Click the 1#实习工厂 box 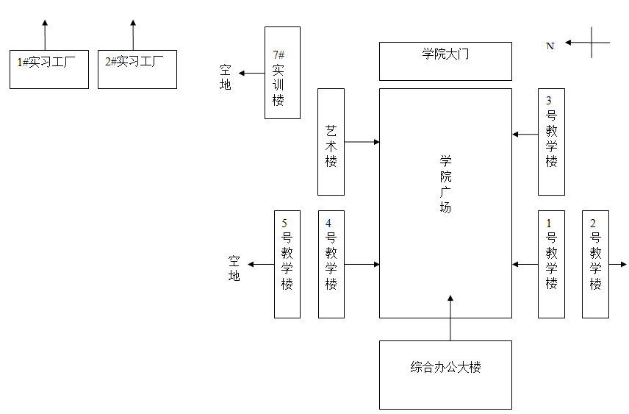[x=48, y=69]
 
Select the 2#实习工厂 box [x=137, y=69]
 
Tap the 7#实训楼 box [x=282, y=73]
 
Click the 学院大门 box [x=445, y=61]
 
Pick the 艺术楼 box [x=331, y=142]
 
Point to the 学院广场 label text [x=445, y=184]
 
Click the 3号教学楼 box [x=551, y=142]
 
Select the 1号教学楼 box [x=551, y=264]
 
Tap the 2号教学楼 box [x=595, y=264]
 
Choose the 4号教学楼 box [x=331, y=264]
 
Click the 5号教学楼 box [x=287, y=264]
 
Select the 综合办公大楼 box [x=445, y=374]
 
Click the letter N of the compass [x=550, y=46]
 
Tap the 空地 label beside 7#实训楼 [x=226, y=78]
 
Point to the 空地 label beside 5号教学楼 [x=234, y=268]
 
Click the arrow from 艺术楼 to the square [x=362, y=141]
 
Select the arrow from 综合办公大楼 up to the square [x=450, y=318]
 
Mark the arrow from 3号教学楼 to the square [x=525, y=135]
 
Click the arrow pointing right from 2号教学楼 [x=618, y=264]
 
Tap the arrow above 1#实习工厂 [x=45, y=35]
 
